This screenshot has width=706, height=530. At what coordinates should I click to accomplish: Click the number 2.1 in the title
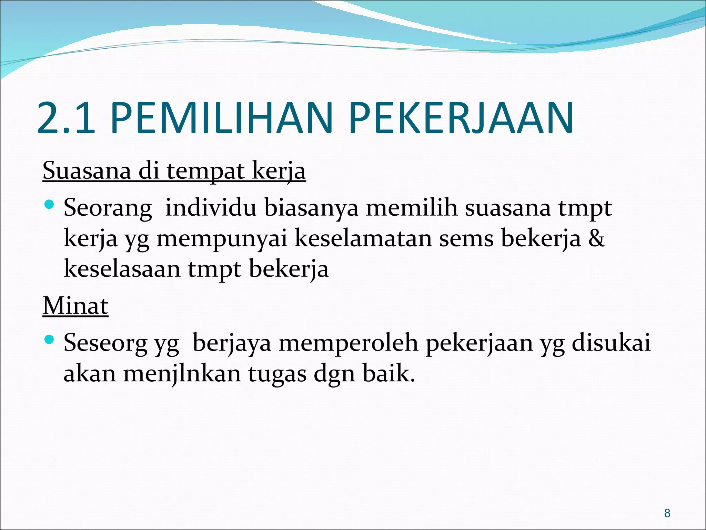pyautogui.click(x=65, y=118)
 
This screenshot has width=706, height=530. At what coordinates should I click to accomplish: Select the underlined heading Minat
pyautogui.click(x=75, y=306)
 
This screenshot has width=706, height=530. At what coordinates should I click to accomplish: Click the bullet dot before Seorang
pyautogui.click(x=50, y=205)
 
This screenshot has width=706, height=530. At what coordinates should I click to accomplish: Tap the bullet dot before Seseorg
pyautogui.click(x=50, y=340)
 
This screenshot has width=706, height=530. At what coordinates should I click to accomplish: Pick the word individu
pyautogui.click(x=211, y=208)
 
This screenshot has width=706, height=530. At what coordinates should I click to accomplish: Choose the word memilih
pyautogui.click(x=412, y=208)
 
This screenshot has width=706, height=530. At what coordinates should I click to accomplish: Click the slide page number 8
pyautogui.click(x=667, y=513)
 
